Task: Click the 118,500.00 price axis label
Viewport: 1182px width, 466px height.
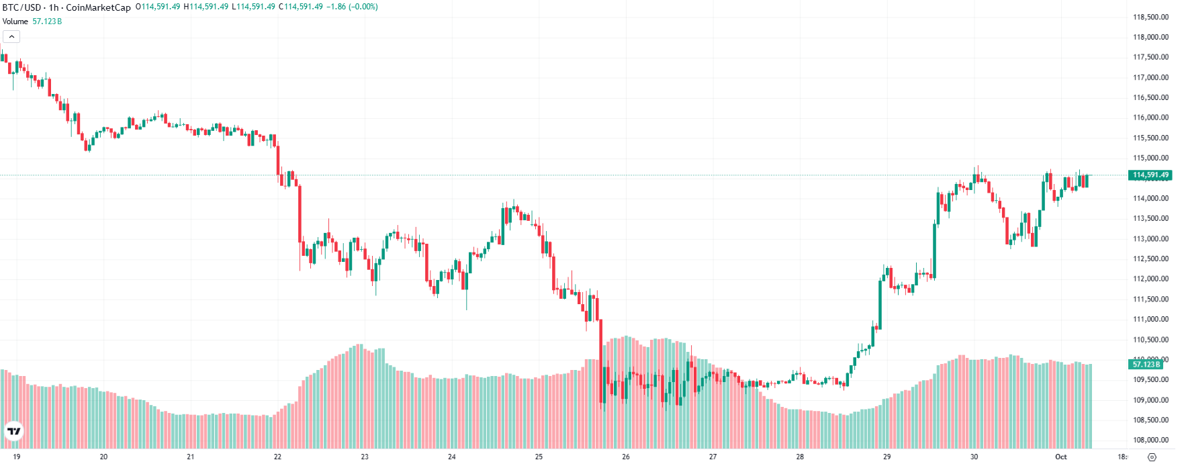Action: click(x=1150, y=17)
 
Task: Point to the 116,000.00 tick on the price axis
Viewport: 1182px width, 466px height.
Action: click(x=1150, y=118)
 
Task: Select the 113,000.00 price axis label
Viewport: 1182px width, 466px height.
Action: click(x=1150, y=238)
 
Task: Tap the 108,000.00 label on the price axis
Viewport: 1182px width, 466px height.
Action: click(x=1150, y=440)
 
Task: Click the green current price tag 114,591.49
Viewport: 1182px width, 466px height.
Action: click(x=1150, y=175)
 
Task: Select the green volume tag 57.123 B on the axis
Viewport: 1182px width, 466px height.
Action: click(x=1146, y=364)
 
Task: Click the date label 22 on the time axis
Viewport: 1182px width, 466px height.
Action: click(x=277, y=457)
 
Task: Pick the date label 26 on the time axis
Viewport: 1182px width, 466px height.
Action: click(x=625, y=457)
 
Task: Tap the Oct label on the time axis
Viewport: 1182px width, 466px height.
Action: click(x=1060, y=457)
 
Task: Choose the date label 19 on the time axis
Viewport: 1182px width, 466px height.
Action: click(x=17, y=457)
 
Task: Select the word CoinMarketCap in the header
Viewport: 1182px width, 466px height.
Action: click(x=98, y=7)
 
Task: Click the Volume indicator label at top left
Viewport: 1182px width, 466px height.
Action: click(x=15, y=21)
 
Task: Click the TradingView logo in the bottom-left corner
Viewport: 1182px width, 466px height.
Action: click(x=13, y=431)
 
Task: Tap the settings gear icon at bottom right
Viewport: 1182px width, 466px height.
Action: click(x=1152, y=457)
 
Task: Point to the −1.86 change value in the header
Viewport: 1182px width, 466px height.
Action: click(x=336, y=7)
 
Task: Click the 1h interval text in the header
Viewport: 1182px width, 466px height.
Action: click(x=54, y=7)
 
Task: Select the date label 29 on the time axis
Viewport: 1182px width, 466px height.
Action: click(x=886, y=457)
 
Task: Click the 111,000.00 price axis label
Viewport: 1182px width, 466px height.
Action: click(x=1150, y=319)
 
